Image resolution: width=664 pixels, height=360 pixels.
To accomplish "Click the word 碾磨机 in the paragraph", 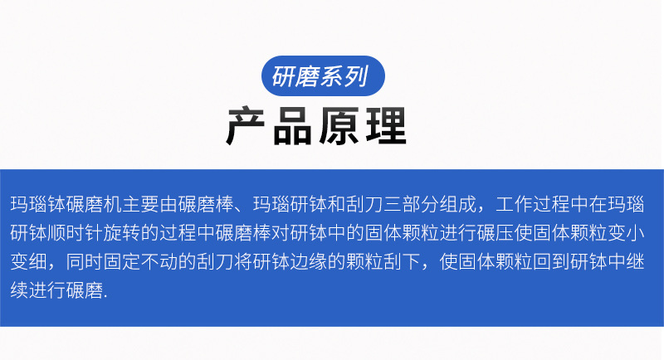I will pyautogui.click(x=83, y=204).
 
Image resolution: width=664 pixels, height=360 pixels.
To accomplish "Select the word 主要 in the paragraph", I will pyautogui.click(x=130, y=204).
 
